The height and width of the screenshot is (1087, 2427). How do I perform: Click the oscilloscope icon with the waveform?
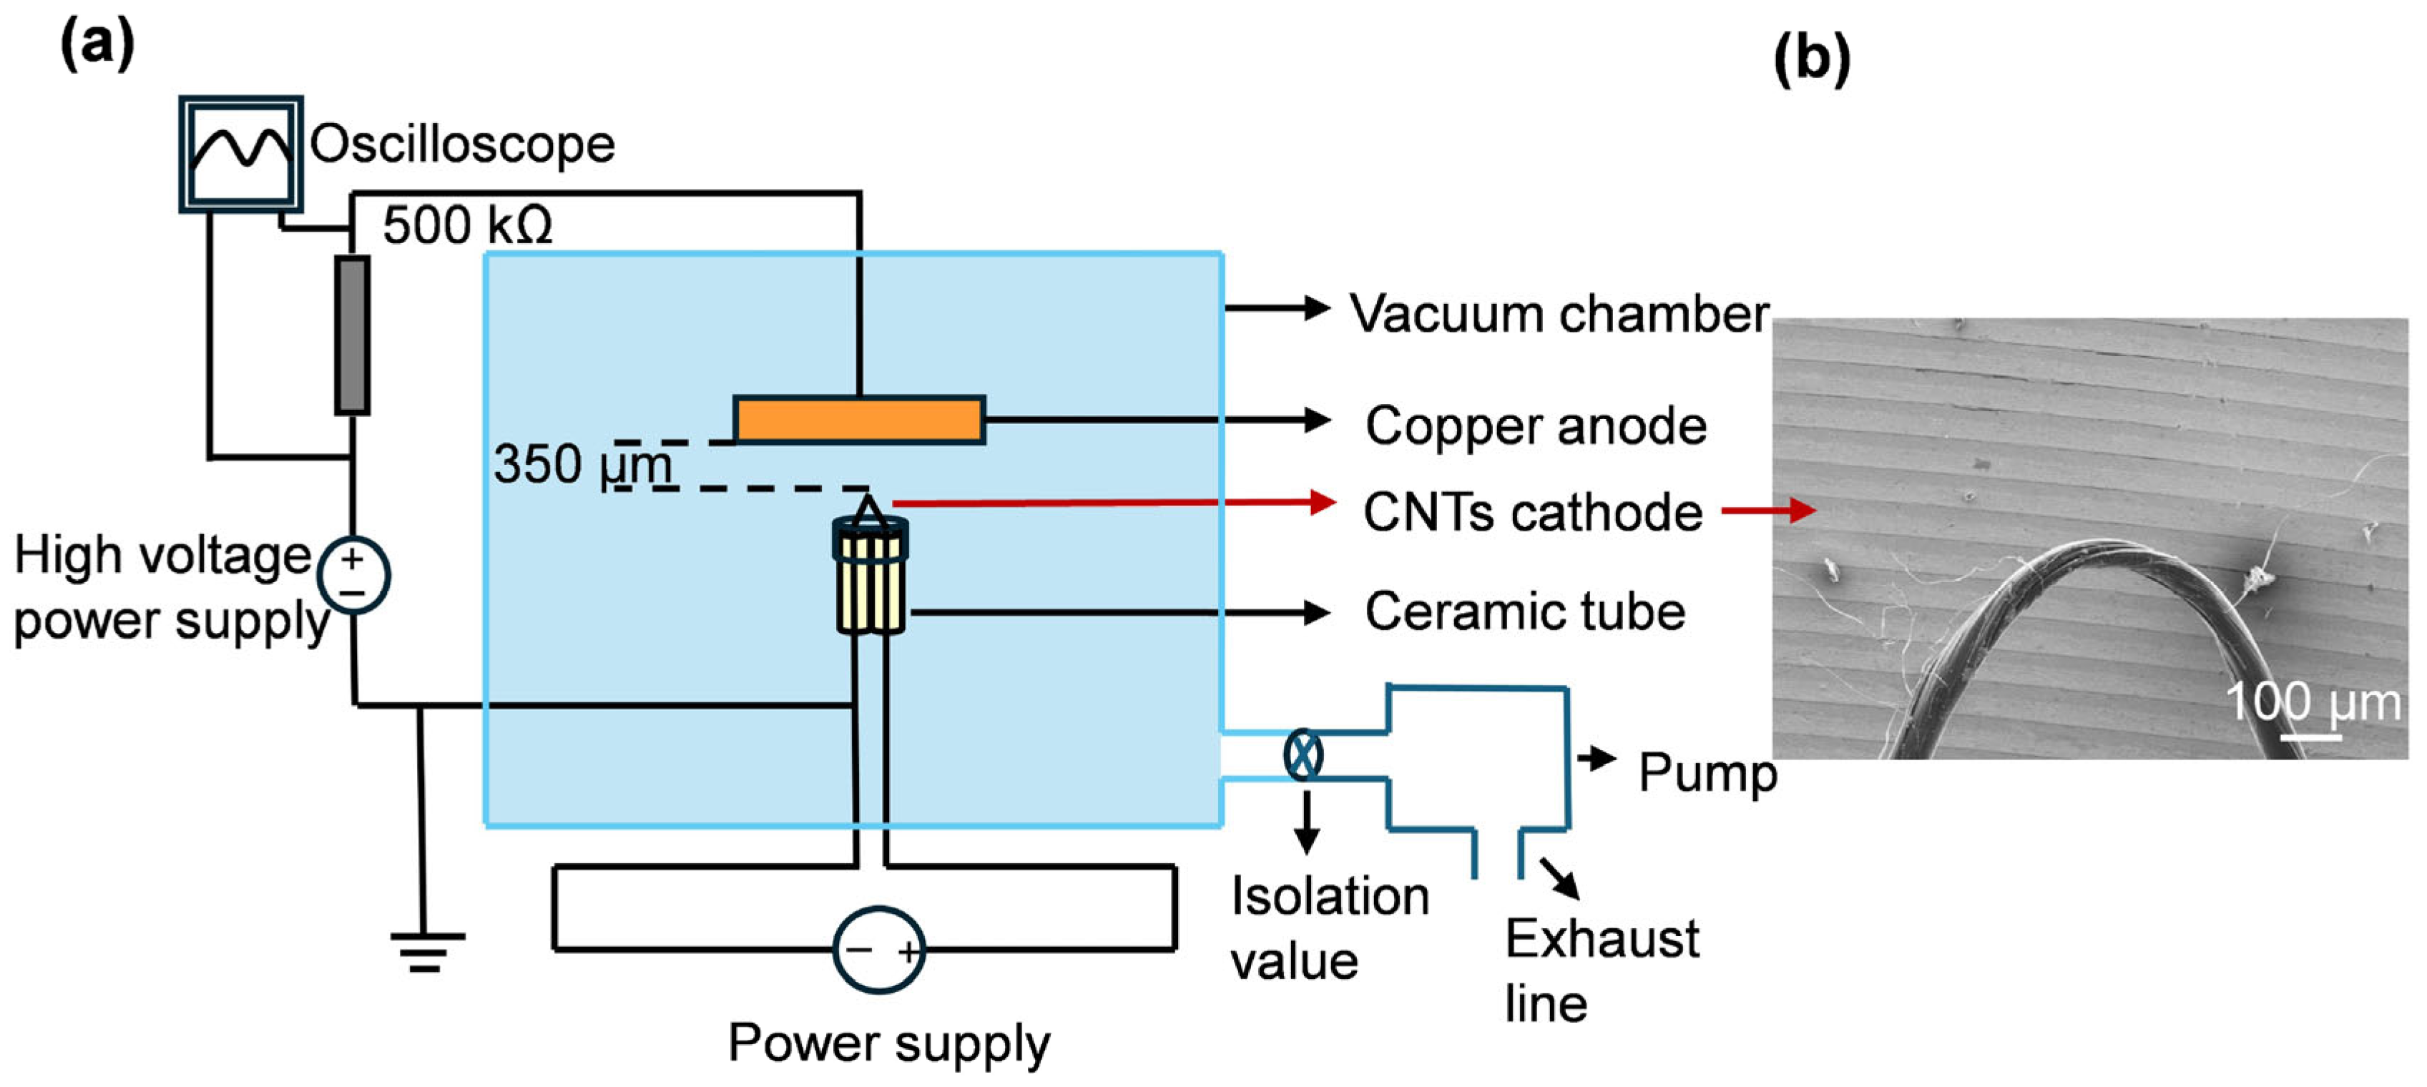click(x=241, y=154)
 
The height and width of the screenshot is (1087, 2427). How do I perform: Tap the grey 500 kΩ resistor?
click(x=353, y=335)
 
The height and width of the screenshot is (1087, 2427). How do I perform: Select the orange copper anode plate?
click(x=859, y=419)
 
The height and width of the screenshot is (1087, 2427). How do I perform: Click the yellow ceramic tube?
click(x=871, y=584)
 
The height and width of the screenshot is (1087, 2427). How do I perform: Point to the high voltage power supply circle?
click(x=353, y=574)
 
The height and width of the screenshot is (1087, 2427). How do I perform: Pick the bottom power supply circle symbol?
click(x=879, y=950)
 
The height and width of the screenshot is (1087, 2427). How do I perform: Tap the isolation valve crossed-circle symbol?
click(x=1303, y=754)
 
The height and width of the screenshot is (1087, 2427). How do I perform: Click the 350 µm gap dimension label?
click(x=582, y=464)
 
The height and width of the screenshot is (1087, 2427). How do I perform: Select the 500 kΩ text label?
click(x=467, y=225)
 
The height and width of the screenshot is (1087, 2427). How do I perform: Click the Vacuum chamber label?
click(x=1559, y=314)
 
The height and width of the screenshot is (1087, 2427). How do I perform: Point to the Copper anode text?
click(x=1536, y=426)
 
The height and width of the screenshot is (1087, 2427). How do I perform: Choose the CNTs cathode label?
click(x=1533, y=513)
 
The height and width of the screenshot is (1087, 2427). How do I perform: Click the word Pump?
click(x=1707, y=773)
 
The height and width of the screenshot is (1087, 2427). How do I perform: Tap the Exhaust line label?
click(x=1602, y=970)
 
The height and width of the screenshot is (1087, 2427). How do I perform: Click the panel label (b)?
click(x=1812, y=59)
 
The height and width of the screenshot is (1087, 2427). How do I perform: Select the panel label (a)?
click(x=97, y=44)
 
